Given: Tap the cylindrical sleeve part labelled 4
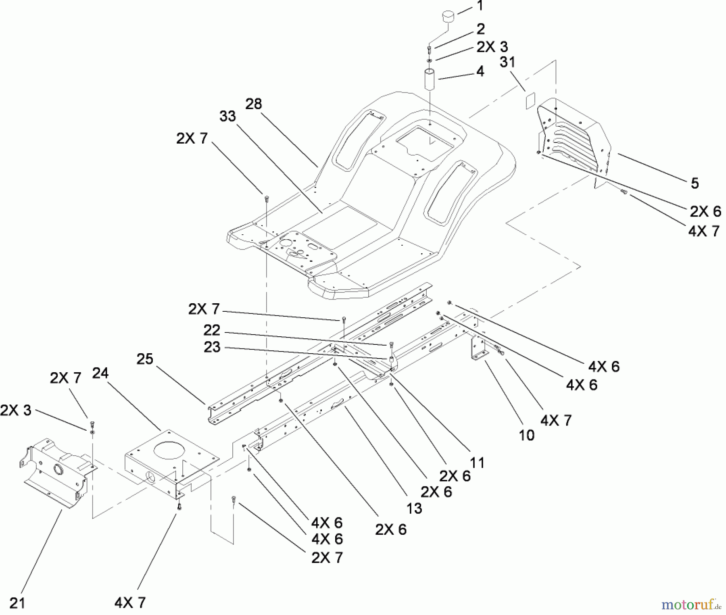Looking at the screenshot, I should click(x=430, y=80).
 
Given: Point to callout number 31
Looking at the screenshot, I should click(x=507, y=62).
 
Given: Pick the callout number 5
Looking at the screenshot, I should click(x=695, y=183).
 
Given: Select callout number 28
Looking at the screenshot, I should click(x=254, y=104).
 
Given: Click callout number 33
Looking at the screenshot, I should click(x=227, y=116).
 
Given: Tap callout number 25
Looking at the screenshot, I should click(x=145, y=359).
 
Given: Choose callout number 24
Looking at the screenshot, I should click(x=100, y=373).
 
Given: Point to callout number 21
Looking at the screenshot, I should click(x=17, y=603).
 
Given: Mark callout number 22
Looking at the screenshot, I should click(x=212, y=330).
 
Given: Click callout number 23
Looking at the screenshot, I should click(x=212, y=347).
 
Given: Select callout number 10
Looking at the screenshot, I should click(x=526, y=435).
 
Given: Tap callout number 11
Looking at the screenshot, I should click(x=477, y=463).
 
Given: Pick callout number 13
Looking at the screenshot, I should click(x=414, y=508).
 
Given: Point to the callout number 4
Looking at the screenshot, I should click(x=480, y=71).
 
